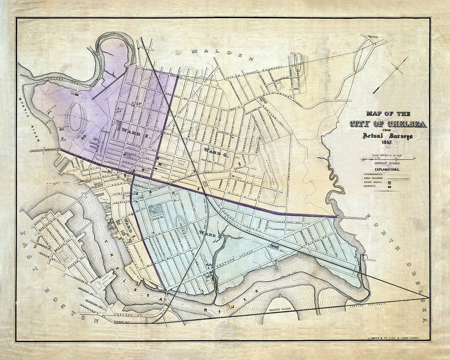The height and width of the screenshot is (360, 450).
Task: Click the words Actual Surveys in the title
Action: click(x=387, y=136)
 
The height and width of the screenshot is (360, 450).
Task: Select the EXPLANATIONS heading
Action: click(x=387, y=169)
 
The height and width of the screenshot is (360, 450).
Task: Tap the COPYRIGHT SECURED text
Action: click(x=387, y=163)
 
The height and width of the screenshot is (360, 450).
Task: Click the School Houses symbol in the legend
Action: click(x=389, y=182)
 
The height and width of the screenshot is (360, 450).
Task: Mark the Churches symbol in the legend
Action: click(x=389, y=187)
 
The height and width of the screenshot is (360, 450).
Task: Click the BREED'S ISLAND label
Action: click(x=280, y=309)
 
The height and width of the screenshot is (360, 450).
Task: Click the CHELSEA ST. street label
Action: click(x=125, y=317)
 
